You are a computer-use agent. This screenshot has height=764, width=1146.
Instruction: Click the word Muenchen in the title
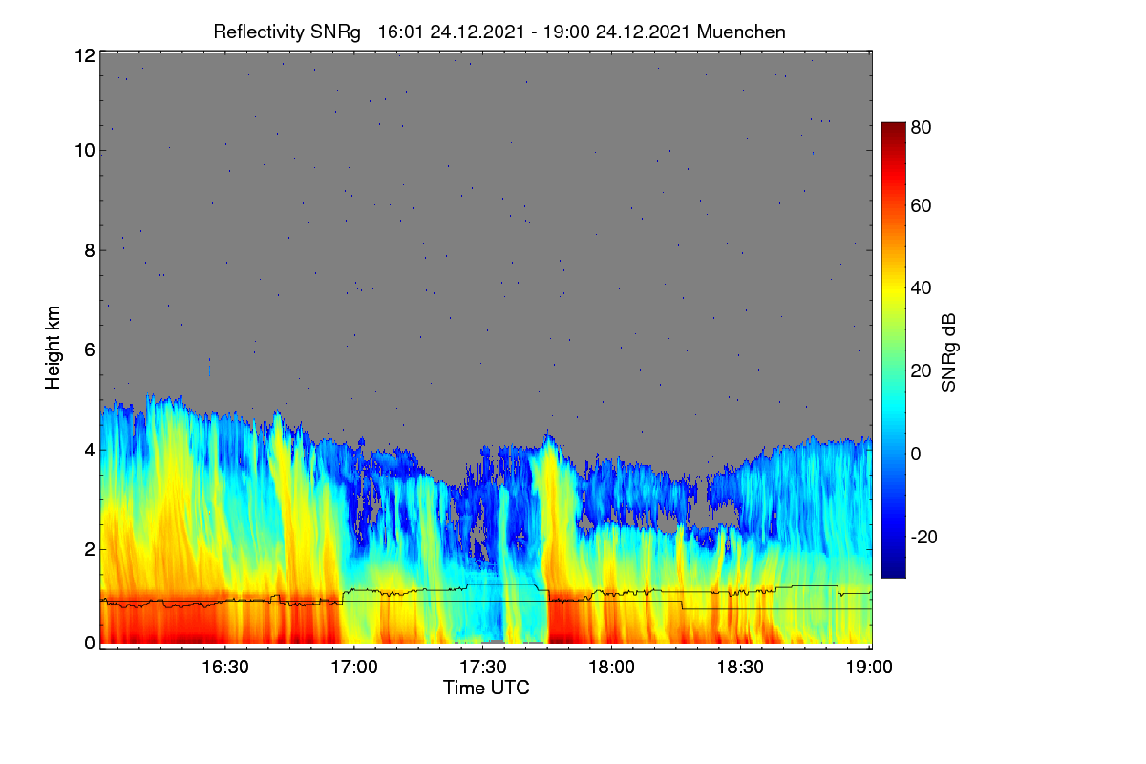741,32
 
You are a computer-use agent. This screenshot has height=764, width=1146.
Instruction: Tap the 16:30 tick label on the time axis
225,668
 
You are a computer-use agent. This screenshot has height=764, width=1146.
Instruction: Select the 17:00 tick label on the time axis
354,668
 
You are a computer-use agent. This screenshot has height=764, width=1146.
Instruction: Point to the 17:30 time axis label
483,668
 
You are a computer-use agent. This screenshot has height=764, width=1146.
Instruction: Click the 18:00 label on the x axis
611,668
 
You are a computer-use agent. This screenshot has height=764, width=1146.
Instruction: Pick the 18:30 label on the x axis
740,668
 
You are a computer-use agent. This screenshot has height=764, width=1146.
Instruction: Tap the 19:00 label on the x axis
869,668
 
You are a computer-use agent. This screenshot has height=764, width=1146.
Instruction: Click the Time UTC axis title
486,688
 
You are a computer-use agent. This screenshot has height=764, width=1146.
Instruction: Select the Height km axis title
53,348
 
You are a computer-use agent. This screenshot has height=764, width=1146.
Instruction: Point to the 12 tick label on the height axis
85,55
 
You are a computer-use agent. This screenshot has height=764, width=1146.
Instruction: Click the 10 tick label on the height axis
85,151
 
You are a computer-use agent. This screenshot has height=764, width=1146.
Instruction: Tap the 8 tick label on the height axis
90,251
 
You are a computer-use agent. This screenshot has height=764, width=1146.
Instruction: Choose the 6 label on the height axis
90,350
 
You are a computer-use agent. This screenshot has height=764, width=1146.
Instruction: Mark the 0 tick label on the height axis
90,644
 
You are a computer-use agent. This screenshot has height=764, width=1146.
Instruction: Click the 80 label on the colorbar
921,127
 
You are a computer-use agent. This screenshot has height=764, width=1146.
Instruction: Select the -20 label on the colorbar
924,537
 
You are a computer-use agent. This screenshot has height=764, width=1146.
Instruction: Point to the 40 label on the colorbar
921,288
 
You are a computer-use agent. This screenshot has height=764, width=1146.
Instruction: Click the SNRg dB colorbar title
948,353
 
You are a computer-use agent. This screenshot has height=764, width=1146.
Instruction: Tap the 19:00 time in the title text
566,32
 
